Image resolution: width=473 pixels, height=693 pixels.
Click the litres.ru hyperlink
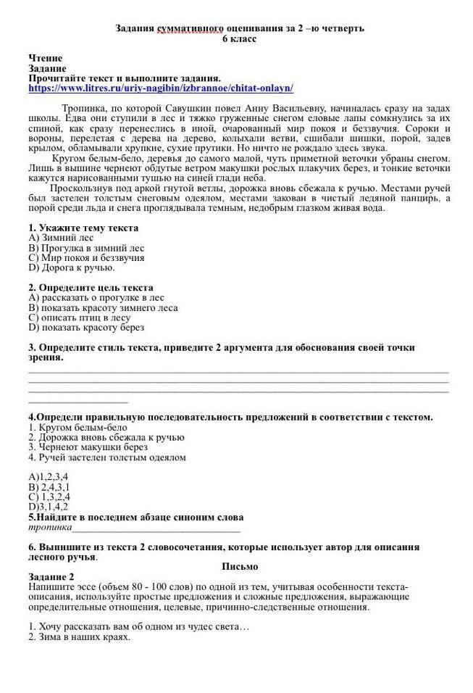(161, 88)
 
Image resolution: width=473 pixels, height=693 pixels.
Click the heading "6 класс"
(239, 38)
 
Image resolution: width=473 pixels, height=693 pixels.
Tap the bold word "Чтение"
(46, 58)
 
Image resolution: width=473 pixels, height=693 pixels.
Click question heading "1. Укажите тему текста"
(83, 228)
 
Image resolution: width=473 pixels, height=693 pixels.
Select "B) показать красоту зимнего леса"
(103, 307)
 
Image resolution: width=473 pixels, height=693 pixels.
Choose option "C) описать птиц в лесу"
(80, 318)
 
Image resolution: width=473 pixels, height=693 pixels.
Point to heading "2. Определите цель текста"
(91, 288)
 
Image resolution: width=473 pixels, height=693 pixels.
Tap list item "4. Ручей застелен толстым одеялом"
(107, 457)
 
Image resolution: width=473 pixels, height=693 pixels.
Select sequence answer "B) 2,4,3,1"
(49, 487)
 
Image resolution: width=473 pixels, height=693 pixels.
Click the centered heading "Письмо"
(240, 566)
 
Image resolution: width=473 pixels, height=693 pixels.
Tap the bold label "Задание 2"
(51, 576)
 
